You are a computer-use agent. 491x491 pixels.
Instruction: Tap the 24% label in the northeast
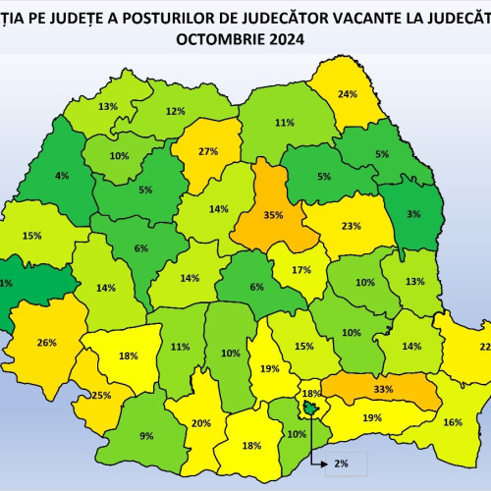(347, 94)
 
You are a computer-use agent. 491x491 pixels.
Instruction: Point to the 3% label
(413, 213)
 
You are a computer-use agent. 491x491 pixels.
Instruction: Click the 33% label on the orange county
(383, 389)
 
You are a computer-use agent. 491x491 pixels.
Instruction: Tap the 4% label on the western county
(62, 176)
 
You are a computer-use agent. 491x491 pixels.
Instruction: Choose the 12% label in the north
(176, 111)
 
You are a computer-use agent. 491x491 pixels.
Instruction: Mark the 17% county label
(302, 270)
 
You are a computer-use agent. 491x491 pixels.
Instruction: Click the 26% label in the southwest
(46, 343)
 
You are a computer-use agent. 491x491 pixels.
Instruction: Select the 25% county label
(100, 395)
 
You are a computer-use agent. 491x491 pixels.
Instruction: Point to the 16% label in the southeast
(453, 422)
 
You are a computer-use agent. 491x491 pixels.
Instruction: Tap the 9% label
(146, 436)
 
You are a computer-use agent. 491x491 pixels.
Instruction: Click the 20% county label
(201, 423)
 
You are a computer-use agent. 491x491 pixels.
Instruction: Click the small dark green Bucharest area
(310, 407)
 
